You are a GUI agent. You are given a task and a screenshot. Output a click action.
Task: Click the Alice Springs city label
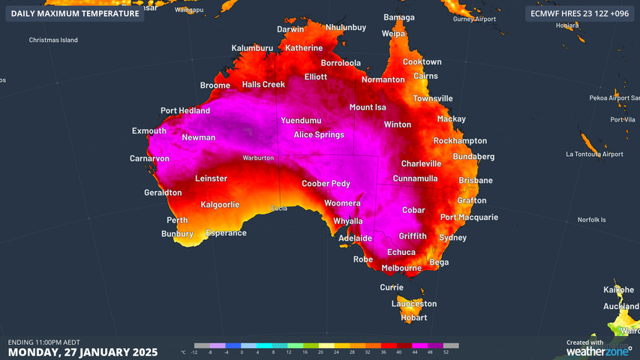coord(318,135)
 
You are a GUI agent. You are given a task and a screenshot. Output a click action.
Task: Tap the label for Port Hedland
coord(183,111)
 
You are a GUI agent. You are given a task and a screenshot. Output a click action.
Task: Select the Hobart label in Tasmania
coord(413,317)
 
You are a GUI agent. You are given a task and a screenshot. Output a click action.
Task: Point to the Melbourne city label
coord(401,268)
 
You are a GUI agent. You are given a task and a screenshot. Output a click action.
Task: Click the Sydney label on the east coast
coord(452,238)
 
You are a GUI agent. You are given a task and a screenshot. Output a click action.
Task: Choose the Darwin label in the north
coord(290,29)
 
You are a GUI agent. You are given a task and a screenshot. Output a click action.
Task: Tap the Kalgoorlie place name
coord(220,205)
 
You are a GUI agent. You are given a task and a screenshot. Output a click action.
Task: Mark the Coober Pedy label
coord(326,184)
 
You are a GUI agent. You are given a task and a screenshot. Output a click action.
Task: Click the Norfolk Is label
coord(591,220)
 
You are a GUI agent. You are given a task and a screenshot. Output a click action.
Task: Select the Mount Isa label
coord(367,107)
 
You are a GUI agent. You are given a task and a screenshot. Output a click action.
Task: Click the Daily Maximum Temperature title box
coord(75,13)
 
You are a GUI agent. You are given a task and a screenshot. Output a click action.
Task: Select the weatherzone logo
coord(598,350)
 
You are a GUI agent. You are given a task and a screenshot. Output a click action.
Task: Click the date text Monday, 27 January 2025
coord(83,352)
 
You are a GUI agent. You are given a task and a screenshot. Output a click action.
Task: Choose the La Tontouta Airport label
coord(594,154)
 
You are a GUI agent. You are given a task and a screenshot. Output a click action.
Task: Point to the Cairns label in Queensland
coord(425,76)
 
